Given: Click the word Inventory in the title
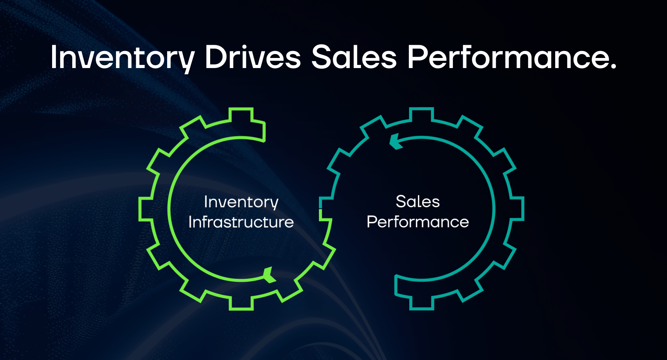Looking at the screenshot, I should (122, 57).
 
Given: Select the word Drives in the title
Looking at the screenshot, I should (253, 57).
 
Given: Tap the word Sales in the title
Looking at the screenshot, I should (354, 57).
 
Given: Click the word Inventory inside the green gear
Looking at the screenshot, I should (241, 202).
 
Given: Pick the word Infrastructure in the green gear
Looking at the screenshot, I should (241, 222).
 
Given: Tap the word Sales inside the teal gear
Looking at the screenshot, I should (418, 202).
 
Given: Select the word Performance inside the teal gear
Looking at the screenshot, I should (418, 222).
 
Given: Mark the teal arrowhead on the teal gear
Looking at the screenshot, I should (395, 142).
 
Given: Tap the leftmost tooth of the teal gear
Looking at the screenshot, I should (326, 209).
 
